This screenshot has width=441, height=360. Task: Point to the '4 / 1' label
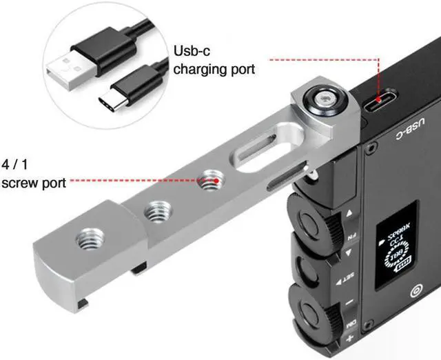(x=16, y=166)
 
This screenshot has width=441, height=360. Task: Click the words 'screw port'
(x=34, y=183)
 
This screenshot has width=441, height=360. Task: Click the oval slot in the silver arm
(x=258, y=156)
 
